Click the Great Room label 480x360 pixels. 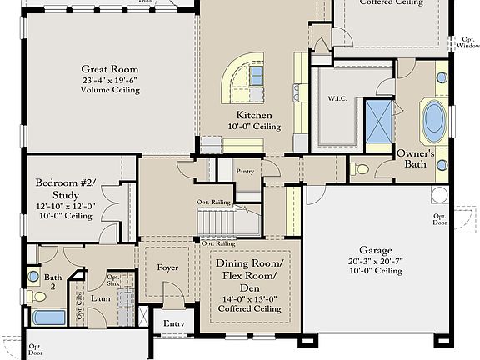tap(109, 69)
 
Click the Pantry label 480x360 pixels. tap(245, 172)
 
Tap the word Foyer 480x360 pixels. tap(167, 267)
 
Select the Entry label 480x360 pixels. tap(174, 323)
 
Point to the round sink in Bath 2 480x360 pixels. tap(33, 275)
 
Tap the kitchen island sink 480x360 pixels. tap(257, 77)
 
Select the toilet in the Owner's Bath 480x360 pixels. tap(360, 169)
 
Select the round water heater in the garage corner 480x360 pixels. tap(439, 195)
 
